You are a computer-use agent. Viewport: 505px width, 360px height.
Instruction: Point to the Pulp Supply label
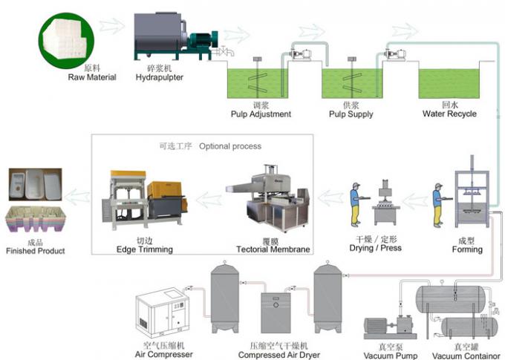351,114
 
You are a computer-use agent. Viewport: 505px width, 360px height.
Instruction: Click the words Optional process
229,146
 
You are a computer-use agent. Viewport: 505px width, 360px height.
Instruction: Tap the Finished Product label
35,251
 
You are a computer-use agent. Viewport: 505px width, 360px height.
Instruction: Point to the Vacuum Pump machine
389,327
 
